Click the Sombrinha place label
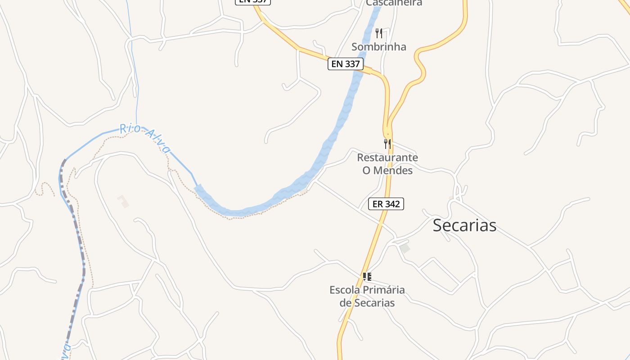378,47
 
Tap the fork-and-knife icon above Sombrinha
379,33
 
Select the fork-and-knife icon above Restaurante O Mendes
387,144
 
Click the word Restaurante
387,157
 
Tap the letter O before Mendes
366,171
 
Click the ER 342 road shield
386,204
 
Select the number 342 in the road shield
392,204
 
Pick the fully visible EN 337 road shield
345,64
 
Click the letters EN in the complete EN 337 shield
337,64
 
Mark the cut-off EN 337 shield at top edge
253,2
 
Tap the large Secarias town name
464,225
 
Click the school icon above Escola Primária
367,277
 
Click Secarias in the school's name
373,303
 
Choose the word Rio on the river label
130,129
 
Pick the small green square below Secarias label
405,248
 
